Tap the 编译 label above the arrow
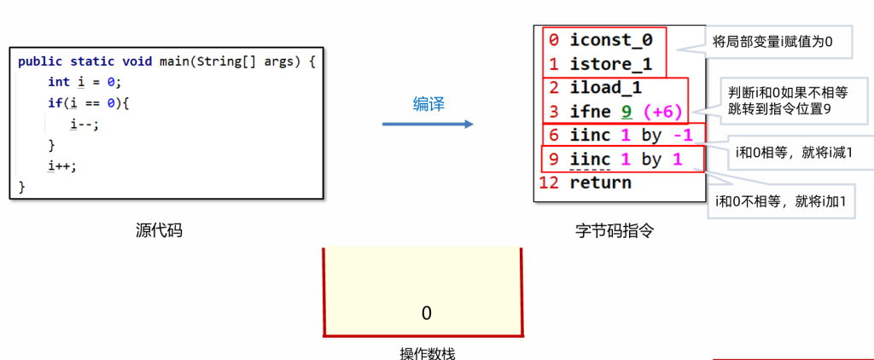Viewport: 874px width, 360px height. click(x=429, y=104)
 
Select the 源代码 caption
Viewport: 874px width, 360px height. click(x=159, y=230)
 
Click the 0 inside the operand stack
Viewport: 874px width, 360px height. click(x=426, y=313)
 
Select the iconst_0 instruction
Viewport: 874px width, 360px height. click(x=610, y=39)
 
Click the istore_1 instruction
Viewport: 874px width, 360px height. click(x=610, y=63)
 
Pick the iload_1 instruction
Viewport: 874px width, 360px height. click(x=606, y=87)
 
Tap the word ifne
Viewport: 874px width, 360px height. click(x=590, y=111)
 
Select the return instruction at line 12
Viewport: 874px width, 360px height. click(x=600, y=183)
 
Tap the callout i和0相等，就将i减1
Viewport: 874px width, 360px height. click(x=793, y=152)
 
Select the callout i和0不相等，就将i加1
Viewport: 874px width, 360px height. click(x=780, y=201)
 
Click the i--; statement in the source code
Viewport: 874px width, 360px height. click(x=84, y=125)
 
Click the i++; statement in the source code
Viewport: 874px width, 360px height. click(x=61, y=165)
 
